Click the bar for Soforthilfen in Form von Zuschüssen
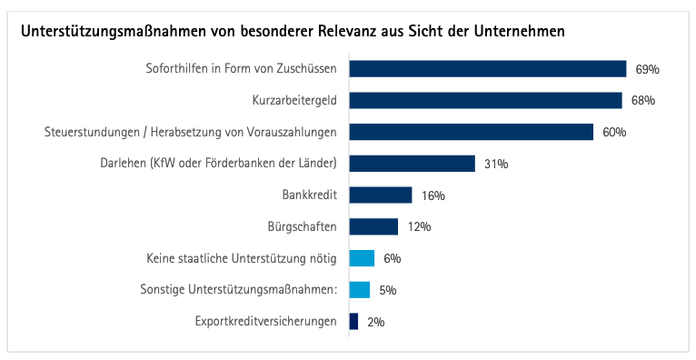point(488,69)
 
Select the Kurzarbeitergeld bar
point(485,100)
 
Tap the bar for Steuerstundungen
point(471,132)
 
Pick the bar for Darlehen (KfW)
point(413,164)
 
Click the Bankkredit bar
point(381,195)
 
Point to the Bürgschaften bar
point(373,226)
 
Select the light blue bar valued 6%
point(362,258)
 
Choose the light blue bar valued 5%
point(360,290)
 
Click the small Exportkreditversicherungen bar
point(353,322)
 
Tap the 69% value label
point(647,69)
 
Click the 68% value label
point(643,100)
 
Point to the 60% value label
point(614,132)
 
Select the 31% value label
point(496,164)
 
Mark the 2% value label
point(375,322)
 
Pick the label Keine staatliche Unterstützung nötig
point(242,258)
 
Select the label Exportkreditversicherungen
point(266,322)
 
